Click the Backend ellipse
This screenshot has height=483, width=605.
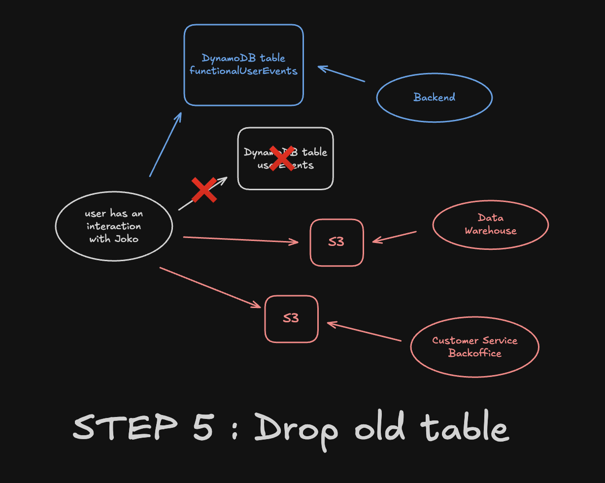point(434,97)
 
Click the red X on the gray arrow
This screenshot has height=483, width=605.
point(204,190)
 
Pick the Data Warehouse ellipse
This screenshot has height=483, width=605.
point(490,224)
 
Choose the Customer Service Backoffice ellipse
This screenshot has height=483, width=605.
point(474,346)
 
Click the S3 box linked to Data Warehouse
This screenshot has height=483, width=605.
point(336,242)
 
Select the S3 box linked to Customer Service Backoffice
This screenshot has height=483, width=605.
point(291,318)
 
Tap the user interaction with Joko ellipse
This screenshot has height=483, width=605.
point(114,227)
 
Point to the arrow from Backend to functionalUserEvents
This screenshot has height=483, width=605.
point(341,74)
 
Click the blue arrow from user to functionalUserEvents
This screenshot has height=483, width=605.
point(165,144)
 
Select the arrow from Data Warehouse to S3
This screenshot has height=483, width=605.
point(394,237)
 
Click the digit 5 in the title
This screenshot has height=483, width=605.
point(202,426)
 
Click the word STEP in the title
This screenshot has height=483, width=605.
point(125,427)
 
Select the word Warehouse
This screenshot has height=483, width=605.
point(490,231)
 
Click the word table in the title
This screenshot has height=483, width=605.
point(464,426)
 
